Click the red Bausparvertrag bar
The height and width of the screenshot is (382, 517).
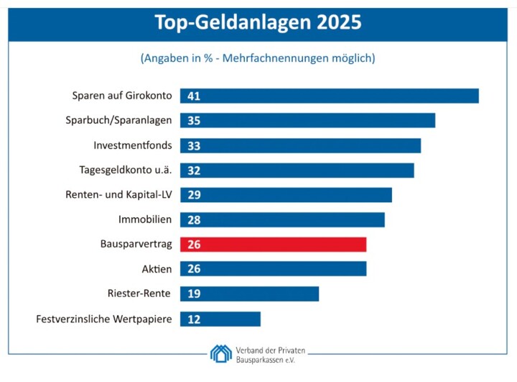click(273, 245)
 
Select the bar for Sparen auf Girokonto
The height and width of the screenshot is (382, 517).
click(329, 96)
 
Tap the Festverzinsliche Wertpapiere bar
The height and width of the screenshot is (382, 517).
click(220, 319)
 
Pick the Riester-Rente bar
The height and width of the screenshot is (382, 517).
click(249, 294)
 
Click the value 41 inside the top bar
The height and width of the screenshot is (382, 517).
click(193, 96)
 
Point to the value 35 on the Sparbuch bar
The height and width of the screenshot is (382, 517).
click(193, 121)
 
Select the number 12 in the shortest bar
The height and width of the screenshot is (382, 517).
click(193, 319)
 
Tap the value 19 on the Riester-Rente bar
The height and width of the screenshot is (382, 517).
click(193, 294)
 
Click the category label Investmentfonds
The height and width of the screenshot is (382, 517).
click(133, 145)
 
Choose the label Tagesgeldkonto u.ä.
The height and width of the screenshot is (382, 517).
click(126, 170)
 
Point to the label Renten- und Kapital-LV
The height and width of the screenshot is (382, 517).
click(118, 195)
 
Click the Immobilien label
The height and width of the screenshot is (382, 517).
click(145, 219)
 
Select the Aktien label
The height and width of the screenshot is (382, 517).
click(157, 269)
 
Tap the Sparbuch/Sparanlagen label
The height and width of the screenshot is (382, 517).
click(118, 121)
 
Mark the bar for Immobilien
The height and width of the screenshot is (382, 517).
click(282, 219)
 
